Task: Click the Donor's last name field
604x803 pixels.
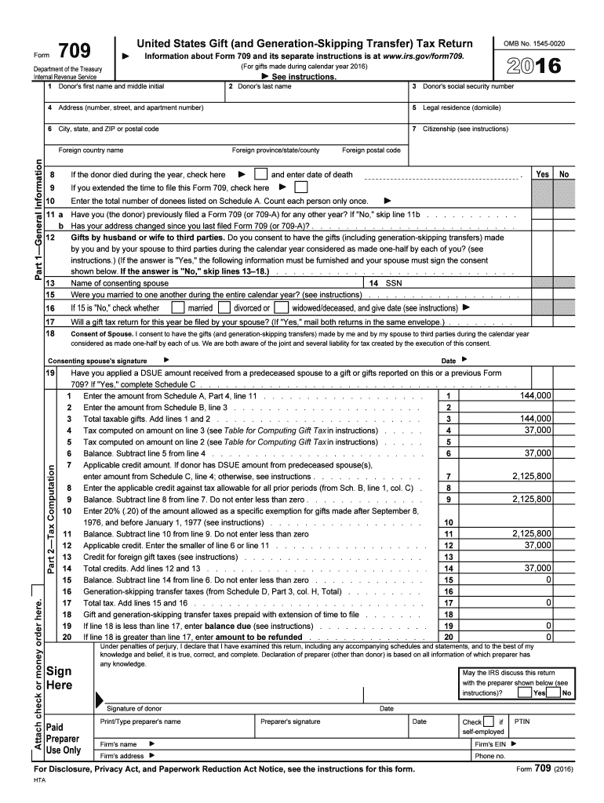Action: pyautogui.click(x=314, y=92)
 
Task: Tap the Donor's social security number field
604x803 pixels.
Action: pyautogui.click(x=503, y=92)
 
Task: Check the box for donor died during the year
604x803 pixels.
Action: pyautogui.click(x=260, y=174)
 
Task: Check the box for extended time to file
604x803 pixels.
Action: pyautogui.click(x=300, y=188)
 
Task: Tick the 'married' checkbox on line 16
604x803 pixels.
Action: pyautogui.click(x=179, y=307)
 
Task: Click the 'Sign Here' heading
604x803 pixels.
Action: pyautogui.click(x=60, y=678)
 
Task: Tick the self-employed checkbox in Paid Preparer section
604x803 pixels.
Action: pyautogui.click(x=489, y=721)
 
